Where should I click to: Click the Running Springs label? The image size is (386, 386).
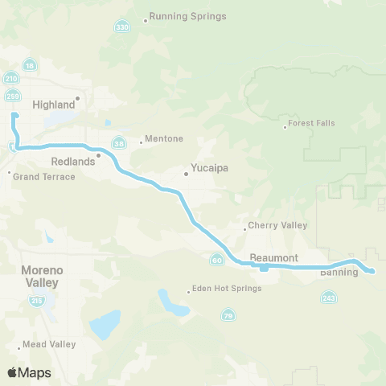[x=187, y=16]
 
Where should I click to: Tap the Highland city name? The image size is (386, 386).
[x=52, y=105]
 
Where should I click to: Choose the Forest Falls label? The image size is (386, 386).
[x=314, y=123]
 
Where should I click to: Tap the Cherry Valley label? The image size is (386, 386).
[x=277, y=226]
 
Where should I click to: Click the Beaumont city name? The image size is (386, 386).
[x=274, y=257]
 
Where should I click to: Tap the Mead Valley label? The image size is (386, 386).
[x=48, y=344]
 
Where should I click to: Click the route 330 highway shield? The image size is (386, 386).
[x=121, y=27]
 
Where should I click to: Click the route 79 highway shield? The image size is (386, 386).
[x=228, y=315]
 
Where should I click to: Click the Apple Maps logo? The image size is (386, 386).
[x=29, y=372]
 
